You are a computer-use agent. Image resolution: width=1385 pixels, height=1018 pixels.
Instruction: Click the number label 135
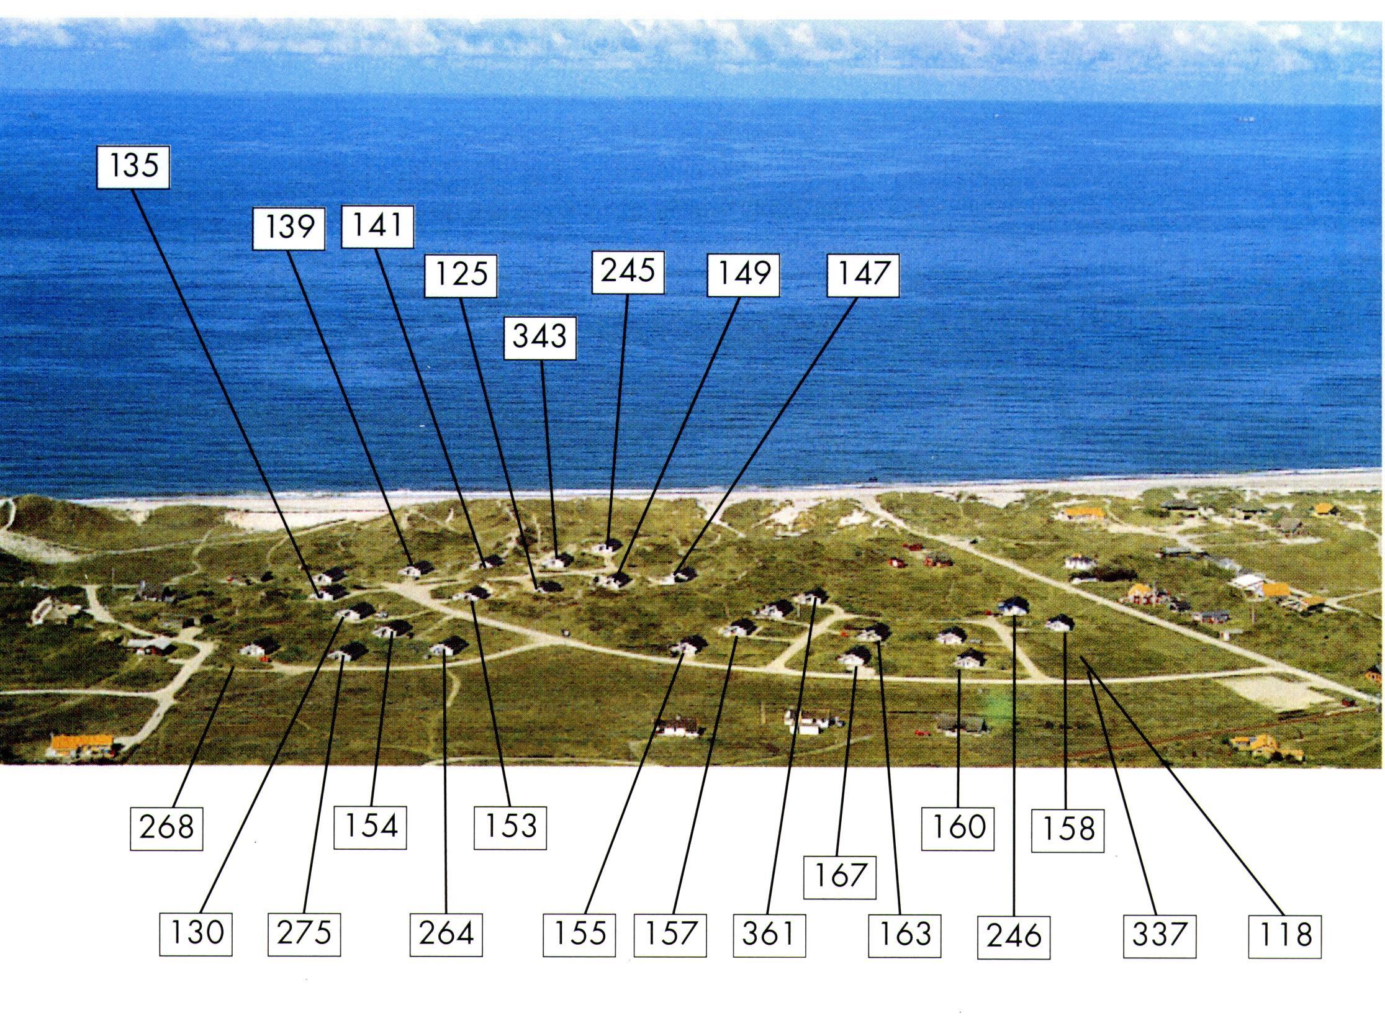point(133,166)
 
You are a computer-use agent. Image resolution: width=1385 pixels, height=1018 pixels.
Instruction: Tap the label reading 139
point(289,228)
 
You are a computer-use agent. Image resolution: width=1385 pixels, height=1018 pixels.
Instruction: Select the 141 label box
point(377,226)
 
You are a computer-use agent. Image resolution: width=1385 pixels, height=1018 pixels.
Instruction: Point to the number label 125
point(461,274)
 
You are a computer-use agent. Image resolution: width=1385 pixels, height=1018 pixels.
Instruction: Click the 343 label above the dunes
point(539,337)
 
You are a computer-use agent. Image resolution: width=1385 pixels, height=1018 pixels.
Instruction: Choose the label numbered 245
point(628,271)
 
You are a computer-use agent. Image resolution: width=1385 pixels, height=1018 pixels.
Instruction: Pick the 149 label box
point(744,274)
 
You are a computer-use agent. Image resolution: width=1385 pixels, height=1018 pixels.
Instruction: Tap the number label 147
point(863,274)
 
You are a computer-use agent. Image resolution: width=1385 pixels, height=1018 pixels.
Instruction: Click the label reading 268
point(166,827)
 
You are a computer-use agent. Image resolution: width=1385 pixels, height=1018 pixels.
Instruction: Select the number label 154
point(370,826)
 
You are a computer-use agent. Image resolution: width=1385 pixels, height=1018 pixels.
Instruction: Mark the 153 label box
point(510,826)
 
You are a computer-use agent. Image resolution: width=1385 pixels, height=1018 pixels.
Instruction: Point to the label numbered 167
point(839,876)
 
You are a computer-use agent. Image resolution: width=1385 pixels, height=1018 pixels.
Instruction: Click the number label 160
point(958,827)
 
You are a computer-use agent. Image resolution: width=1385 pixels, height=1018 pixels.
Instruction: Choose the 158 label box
point(1068,829)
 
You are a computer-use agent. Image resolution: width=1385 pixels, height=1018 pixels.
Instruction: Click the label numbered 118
point(1284,935)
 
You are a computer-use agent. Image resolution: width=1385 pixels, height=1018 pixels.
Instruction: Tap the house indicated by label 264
point(448,647)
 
